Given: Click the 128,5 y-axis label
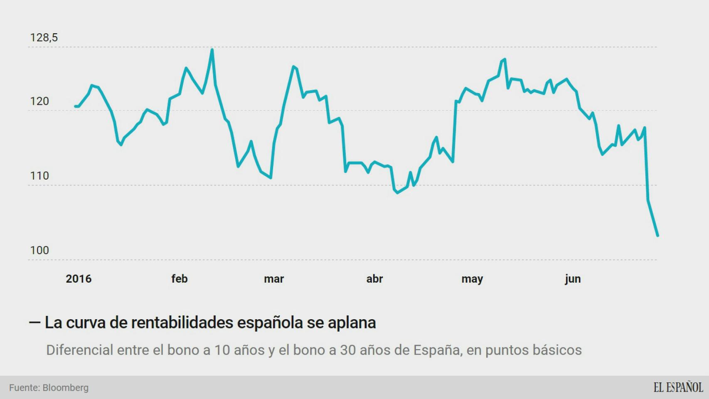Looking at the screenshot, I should tap(44, 38).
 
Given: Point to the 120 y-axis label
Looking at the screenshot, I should tap(39, 101).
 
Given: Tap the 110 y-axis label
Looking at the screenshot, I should tap(39, 176).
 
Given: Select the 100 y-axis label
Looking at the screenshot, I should tap(39, 250).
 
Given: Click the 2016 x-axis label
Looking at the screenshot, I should tap(79, 279).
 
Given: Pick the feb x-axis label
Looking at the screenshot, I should tap(179, 279).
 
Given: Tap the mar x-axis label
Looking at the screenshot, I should tap(274, 279).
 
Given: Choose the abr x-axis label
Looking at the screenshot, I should tap(374, 279).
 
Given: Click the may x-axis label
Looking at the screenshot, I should tap(472, 279).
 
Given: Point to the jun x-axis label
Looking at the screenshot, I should tap(573, 279).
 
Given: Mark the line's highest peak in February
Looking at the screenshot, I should tap(212, 50).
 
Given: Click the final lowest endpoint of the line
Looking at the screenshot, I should tap(657, 236).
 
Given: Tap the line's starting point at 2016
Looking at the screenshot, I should tap(76, 106).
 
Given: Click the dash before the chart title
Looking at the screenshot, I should tap(34, 322).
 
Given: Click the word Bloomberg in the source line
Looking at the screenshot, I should tap(66, 388).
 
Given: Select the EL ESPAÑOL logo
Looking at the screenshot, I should tap(678, 387).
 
